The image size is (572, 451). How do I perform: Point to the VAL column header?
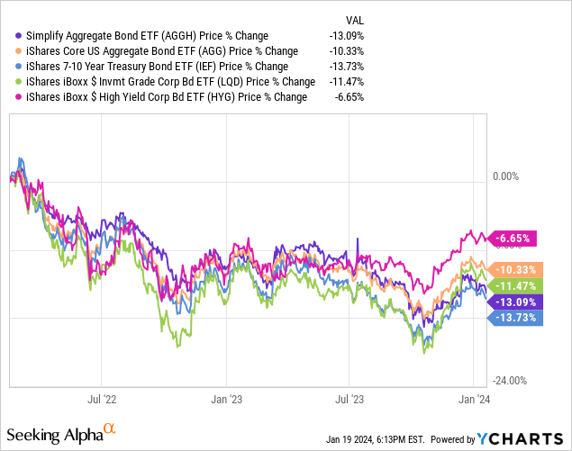click(355, 20)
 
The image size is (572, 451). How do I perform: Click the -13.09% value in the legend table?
click(348, 35)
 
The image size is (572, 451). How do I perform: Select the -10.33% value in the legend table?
click(348, 50)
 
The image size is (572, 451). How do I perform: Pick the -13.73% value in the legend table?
click(348, 66)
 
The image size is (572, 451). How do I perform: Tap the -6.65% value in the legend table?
click(350, 96)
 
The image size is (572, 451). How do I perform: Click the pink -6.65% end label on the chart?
click(513, 239)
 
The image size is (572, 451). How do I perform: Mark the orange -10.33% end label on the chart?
click(517, 269)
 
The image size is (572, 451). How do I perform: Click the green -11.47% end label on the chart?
click(517, 284)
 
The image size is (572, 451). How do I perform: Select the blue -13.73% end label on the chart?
click(517, 317)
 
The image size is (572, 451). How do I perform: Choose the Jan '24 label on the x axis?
click(474, 397)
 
